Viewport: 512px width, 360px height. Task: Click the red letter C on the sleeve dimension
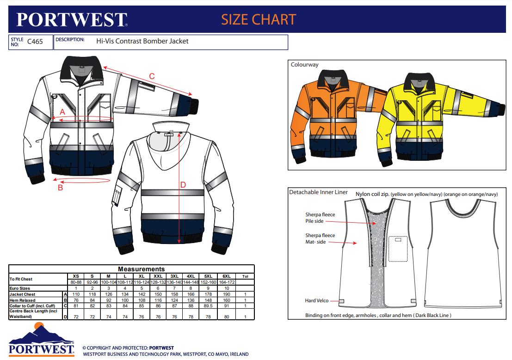pyautogui.click(x=152, y=76)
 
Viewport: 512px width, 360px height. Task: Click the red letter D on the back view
pyautogui.click(x=183, y=185)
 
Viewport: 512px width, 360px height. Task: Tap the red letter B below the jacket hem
pyautogui.click(x=61, y=188)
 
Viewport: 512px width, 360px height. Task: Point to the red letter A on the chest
pyautogui.click(x=62, y=112)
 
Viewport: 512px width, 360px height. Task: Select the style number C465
pyautogui.click(x=35, y=42)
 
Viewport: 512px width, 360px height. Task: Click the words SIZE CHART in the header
pyautogui.click(x=259, y=19)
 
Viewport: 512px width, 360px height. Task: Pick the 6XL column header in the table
pyautogui.click(x=227, y=276)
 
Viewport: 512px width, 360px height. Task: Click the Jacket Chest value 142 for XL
pyautogui.click(x=142, y=294)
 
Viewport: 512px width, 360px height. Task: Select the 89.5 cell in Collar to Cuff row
pyautogui.click(x=208, y=306)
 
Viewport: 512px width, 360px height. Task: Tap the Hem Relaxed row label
pyautogui.click(x=23, y=300)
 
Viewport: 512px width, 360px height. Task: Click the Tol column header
pyautogui.click(x=245, y=276)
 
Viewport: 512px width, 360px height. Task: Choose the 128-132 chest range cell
pyautogui.click(x=158, y=282)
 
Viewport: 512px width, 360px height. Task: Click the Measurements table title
pyautogui.click(x=141, y=269)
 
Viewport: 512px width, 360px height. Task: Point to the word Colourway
pyautogui.click(x=305, y=65)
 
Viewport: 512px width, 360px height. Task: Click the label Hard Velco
pyautogui.click(x=317, y=300)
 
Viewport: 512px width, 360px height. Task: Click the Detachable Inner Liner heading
pyautogui.click(x=318, y=192)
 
